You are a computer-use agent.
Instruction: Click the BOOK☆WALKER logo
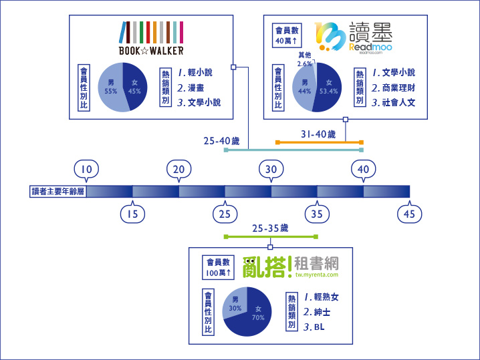coord(152,39)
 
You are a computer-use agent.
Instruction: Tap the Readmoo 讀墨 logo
coord(354,37)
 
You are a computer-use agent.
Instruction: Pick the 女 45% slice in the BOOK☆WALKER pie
coord(135,86)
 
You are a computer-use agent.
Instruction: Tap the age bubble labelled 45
coord(409,213)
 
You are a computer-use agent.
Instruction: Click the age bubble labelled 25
coord(225,213)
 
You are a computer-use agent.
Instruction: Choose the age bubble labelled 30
coord(271,170)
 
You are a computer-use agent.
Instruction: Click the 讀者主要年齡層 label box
coord(58,192)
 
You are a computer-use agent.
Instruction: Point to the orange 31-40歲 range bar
coord(319,142)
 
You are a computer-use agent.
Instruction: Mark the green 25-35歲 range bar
coord(271,236)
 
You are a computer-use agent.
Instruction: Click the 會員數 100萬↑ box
coord(219,268)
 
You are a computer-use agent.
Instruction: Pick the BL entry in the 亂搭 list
coord(319,327)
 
